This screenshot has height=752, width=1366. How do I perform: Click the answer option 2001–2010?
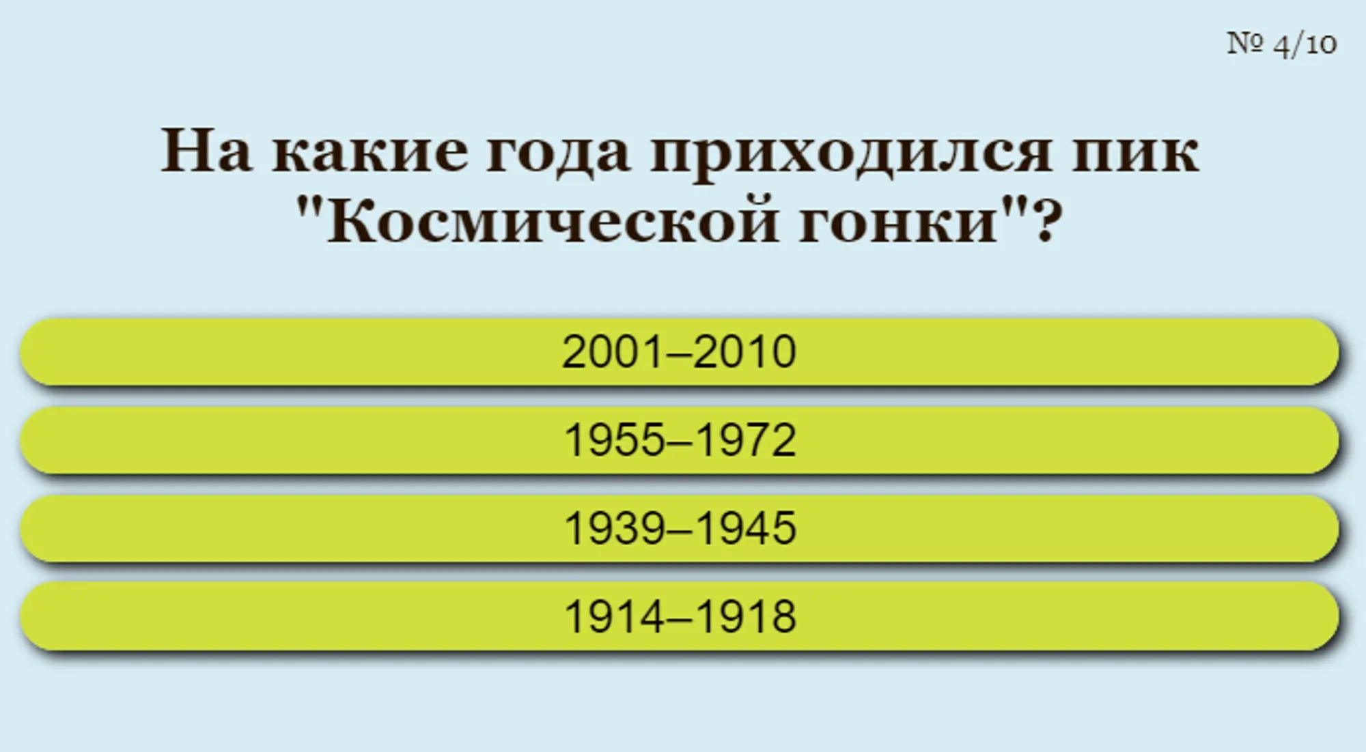point(679,352)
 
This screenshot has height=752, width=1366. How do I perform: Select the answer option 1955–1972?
point(679,440)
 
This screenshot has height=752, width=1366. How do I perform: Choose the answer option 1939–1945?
point(679,528)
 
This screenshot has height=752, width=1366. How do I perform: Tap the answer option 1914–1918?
point(679,616)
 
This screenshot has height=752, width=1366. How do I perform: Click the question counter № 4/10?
point(1281,44)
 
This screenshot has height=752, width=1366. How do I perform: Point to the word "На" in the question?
point(206,151)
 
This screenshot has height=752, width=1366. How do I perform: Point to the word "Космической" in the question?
point(552,222)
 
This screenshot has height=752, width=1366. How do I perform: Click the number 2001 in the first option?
point(613,352)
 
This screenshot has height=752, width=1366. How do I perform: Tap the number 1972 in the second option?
point(746,440)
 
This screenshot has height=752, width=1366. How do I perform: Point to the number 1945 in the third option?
point(746,528)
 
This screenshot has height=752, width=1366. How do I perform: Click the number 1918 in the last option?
point(746,616)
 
